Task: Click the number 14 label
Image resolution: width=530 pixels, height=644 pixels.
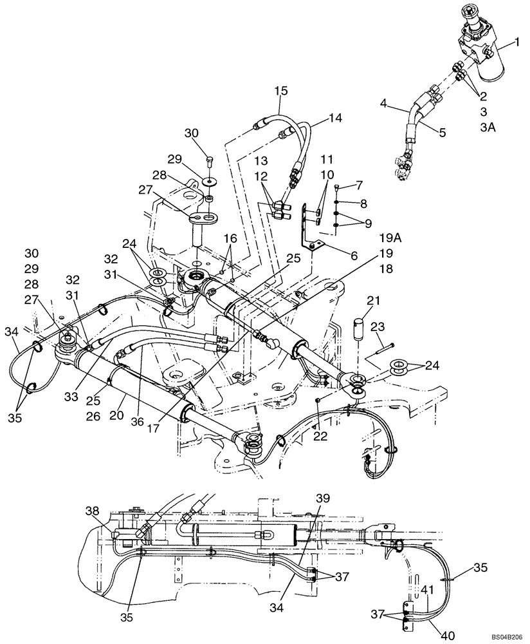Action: (336, 117)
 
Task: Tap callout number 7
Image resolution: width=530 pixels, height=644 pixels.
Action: (359, 185)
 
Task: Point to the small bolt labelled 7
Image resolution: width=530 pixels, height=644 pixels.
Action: (340, 187)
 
